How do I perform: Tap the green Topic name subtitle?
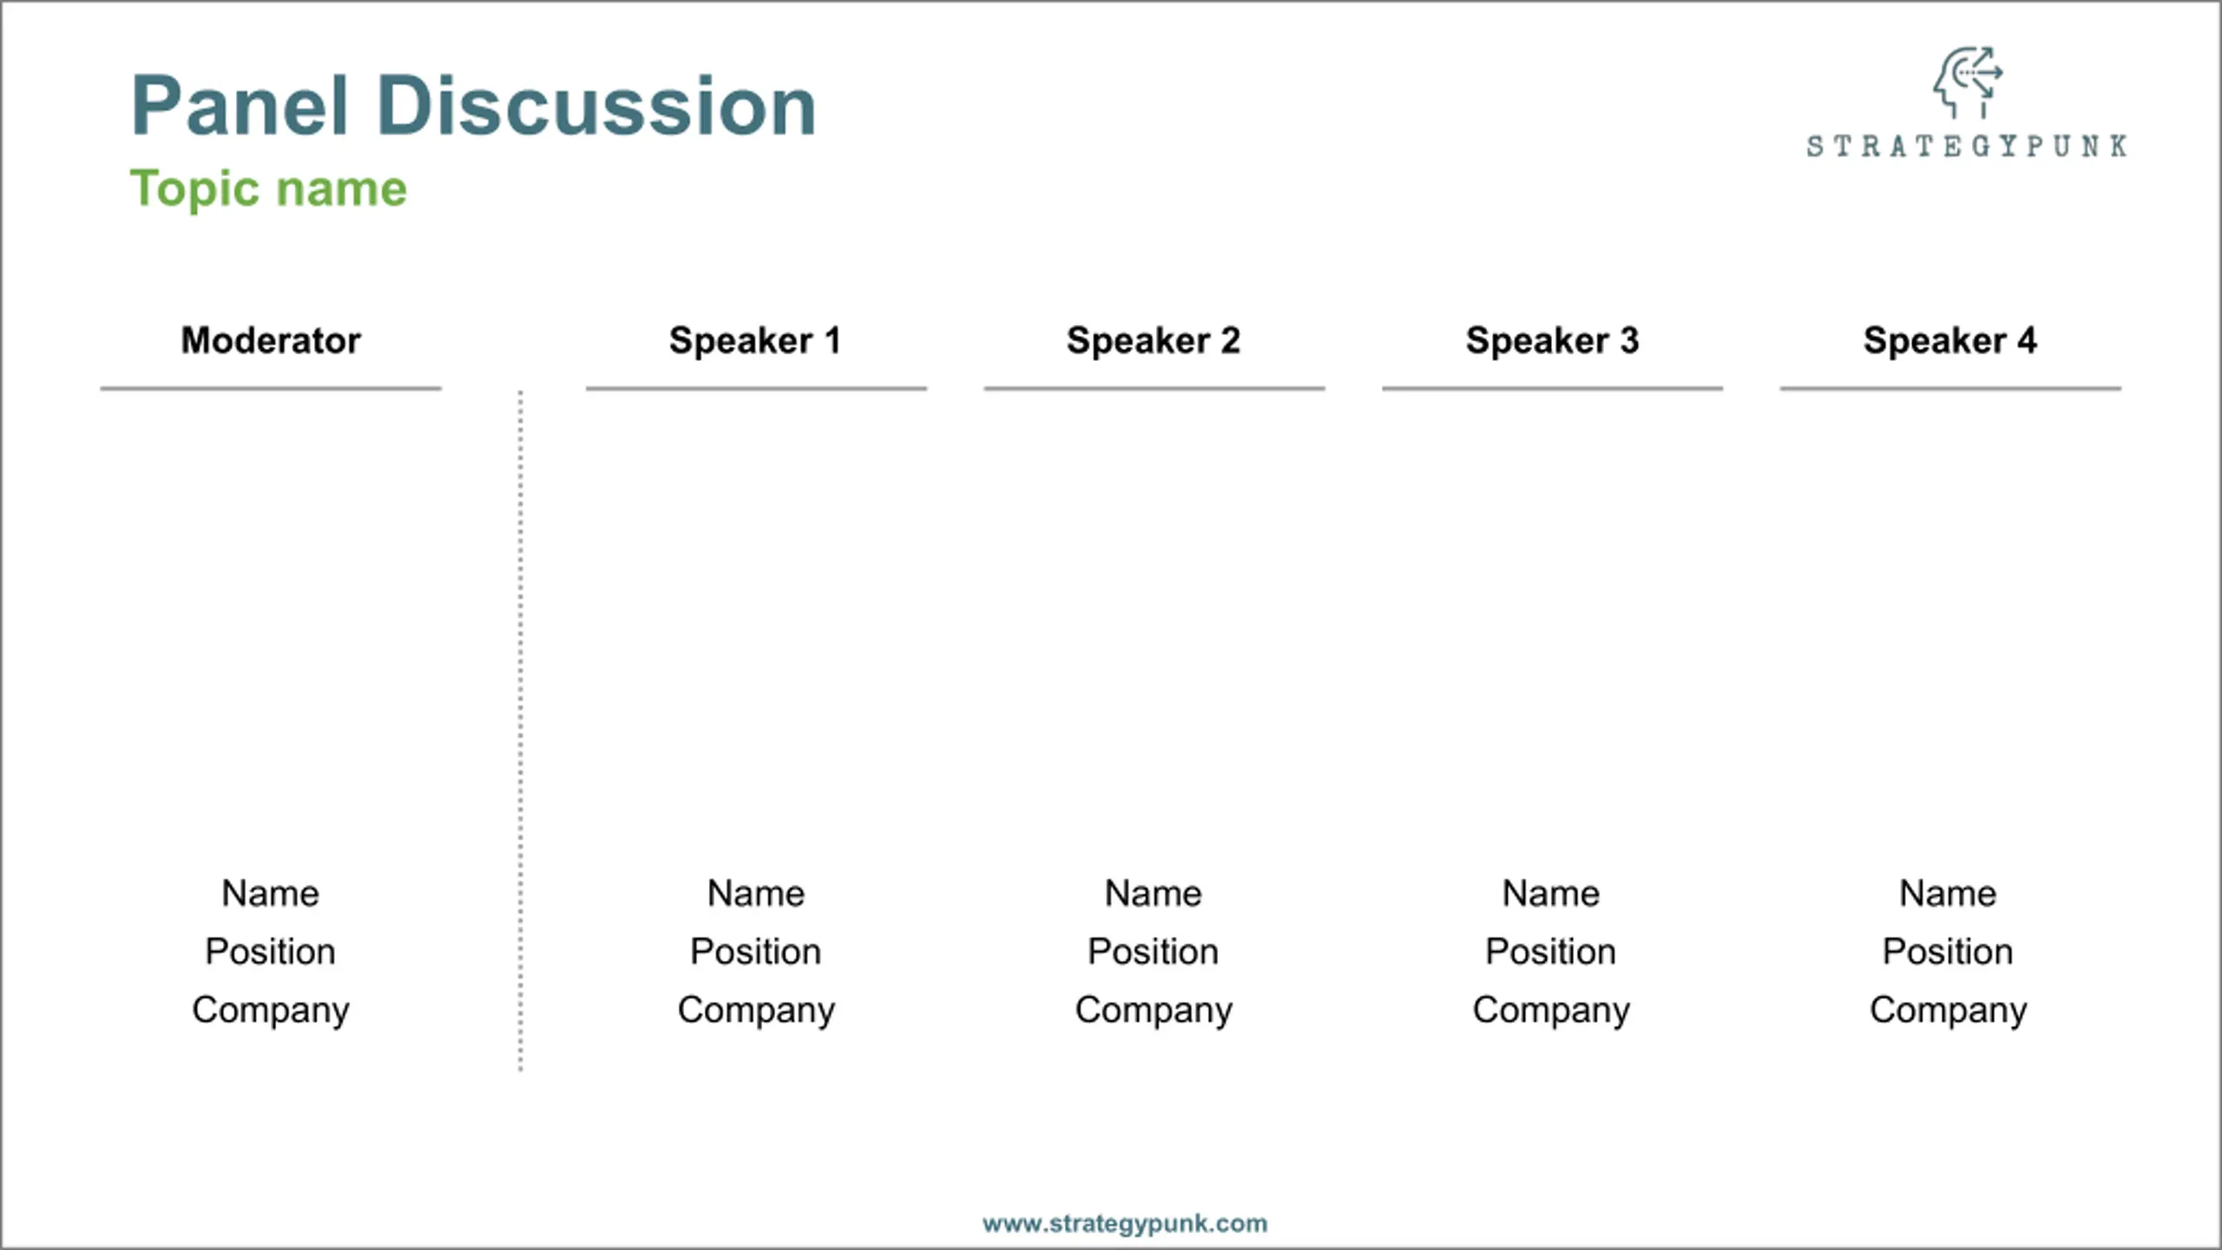point(268,189)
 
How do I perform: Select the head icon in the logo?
point(1967,82)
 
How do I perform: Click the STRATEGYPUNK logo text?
point(1967,146)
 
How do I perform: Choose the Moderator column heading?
point(271,340)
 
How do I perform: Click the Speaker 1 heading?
point(755,340)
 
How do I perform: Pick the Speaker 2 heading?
point(1154,340)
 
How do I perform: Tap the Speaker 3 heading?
point(1552,340)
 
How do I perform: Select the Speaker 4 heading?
point(1949,340)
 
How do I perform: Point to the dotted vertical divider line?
point(521,731)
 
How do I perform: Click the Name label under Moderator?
point(271,893)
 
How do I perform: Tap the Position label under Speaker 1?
point(755,951)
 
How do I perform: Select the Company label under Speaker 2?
point(1154,1010)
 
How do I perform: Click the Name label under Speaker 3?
point(1551,893)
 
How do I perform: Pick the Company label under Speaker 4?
point(1949,1010)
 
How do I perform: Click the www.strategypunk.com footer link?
point(1125,1224)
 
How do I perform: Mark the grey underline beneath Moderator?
point(271,388)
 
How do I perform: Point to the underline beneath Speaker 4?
point(1950,388)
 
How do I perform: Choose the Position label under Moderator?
point(271,951)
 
